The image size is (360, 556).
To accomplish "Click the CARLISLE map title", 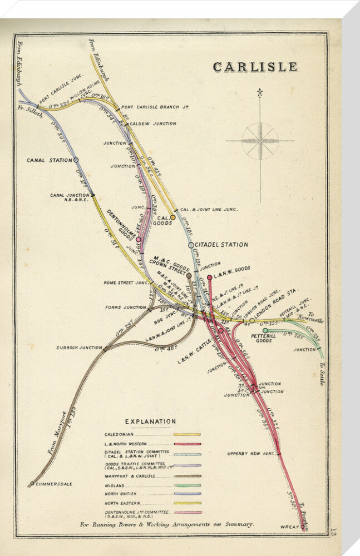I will [x=255, y=67].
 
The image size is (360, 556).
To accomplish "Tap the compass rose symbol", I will [x=260, y=140].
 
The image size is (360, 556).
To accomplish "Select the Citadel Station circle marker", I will [x=191, y=245].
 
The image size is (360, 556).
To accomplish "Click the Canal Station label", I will [x=49, y=160].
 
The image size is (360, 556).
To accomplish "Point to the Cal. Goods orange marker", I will [x=172, y=217].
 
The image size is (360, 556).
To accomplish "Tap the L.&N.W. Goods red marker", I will [x=210, y=277].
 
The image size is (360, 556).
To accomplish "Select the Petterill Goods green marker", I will [x=265, y=330].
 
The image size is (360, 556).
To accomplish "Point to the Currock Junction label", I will [x=78, y=348].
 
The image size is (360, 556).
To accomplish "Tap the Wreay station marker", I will [x=303, y=526].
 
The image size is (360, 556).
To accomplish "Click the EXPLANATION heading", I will [x=150, y=421].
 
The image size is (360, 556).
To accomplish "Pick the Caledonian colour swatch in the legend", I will [x=187, y=434].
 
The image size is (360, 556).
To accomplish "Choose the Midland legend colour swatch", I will [x=187, y=485].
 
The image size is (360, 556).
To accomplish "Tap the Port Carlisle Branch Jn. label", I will [x=149, y=108].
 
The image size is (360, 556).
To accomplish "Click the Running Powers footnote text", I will [x=167, y=524].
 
